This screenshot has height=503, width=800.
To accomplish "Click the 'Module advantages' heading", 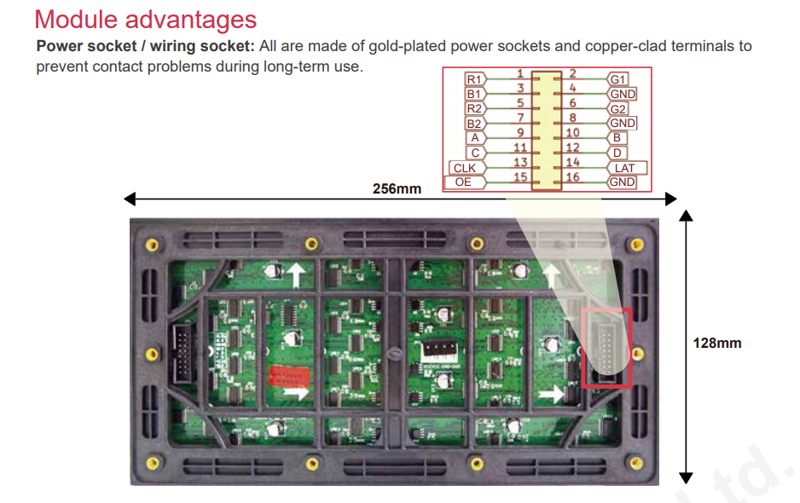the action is point(145,20).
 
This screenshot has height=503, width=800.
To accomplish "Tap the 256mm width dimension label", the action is point(397,188).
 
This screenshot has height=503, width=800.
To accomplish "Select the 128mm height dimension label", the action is point(716,343).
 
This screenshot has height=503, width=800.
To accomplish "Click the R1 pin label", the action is point(474,79).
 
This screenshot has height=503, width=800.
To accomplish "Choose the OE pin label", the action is point(464,182).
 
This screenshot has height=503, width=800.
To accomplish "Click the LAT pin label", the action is point(626,168).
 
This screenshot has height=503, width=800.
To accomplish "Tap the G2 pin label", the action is point(617,108).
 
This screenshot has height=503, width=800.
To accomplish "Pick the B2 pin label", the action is point(474,124).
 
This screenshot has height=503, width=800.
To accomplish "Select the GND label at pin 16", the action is point(622,182).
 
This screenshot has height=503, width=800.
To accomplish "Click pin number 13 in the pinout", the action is point(520,162).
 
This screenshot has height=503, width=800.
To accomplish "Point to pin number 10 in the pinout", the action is point(572,133).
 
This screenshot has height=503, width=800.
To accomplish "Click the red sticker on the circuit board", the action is point(289,377).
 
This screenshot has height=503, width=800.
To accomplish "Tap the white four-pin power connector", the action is point(439,352).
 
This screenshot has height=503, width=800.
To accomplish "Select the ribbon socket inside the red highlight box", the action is point(606,349).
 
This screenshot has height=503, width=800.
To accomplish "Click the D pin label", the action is point(617,153).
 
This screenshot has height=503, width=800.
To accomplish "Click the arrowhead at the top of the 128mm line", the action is point(686,216).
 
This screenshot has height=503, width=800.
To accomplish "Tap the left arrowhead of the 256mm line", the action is point(130,199).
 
